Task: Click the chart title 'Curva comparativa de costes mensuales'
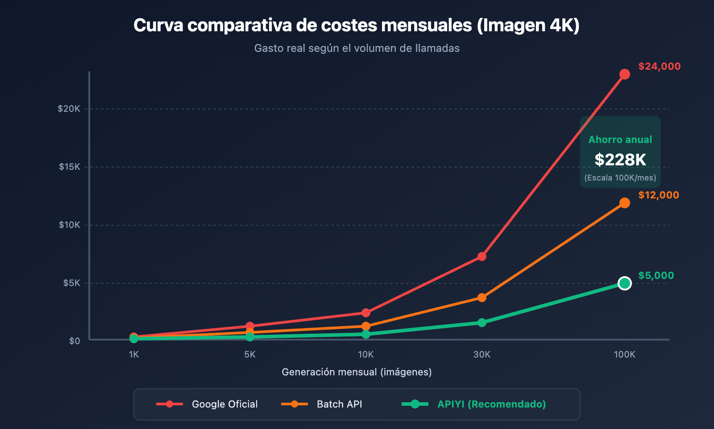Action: (356, 25)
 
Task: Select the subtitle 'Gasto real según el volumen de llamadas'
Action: (357, 48)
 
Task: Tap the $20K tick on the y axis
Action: (69, 109)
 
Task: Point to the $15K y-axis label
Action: (70, 167)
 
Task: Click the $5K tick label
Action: (71, 283)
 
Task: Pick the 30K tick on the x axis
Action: (482, 354)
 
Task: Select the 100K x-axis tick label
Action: (624, 354)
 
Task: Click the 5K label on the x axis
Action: (250, 354)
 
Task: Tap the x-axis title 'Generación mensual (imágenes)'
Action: (357, 372)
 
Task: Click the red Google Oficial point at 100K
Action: (624, 74)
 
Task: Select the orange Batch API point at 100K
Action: (624, 203)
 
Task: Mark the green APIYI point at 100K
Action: (624, 283)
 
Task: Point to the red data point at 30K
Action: (482, 257)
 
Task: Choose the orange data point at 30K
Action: (482, 298)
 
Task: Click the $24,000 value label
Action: (659, 67)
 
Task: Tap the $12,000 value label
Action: (658, 195)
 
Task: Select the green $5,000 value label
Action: (656, 276)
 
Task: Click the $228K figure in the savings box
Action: (620, 160)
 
